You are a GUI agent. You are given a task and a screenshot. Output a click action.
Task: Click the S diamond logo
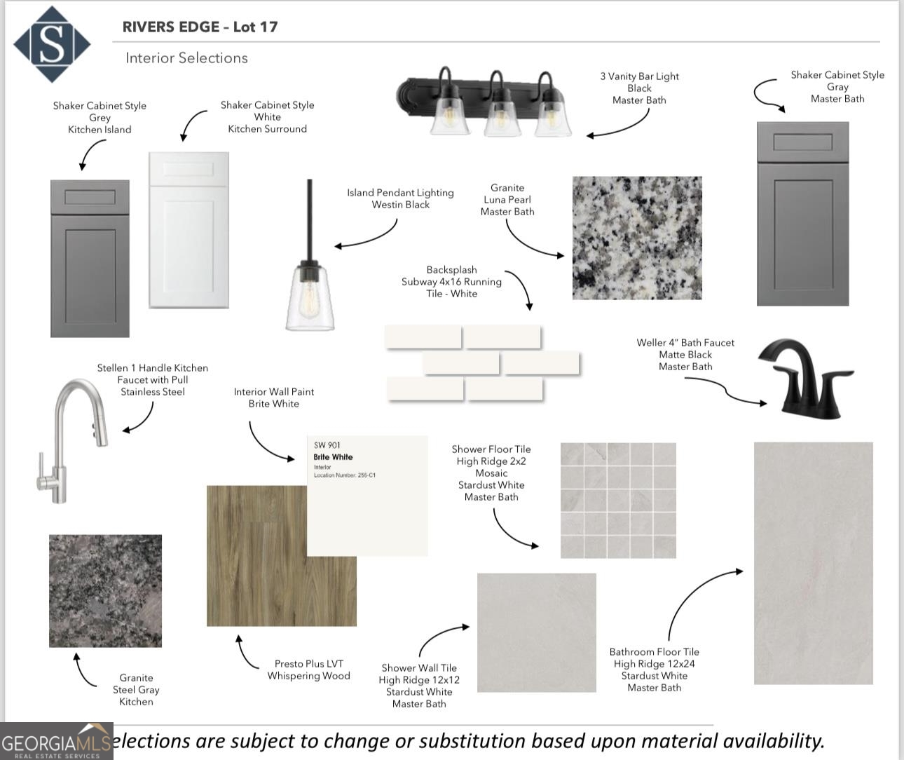coord(51,44)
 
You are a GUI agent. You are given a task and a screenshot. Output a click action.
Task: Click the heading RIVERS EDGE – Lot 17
coord(200,27)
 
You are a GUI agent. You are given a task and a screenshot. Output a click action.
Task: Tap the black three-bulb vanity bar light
coord(486,102)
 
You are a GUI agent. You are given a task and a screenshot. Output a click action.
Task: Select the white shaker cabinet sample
coord(189,230)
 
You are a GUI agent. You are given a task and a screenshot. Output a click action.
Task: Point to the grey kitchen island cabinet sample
coord(90,258)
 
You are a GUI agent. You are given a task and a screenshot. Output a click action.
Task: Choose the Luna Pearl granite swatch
coord(636,238)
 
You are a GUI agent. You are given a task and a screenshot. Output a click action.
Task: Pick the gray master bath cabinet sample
coord(802,214)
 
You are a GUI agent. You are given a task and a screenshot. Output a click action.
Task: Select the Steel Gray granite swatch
coord(105,590)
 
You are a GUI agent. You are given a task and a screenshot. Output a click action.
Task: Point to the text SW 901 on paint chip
coord(327,445)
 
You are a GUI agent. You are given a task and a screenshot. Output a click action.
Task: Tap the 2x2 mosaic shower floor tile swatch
coord(618,500)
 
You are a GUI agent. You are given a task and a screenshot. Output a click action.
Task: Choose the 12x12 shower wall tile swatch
coord(536,632)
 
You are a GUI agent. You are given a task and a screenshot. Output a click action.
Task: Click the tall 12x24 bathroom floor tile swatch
coord(813,562)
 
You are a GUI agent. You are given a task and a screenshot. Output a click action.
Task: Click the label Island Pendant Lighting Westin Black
coord(400,198)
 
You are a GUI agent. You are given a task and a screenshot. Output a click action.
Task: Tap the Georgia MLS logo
coord(56,742)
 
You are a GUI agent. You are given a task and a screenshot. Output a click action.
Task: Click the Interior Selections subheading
coord(186,58)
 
